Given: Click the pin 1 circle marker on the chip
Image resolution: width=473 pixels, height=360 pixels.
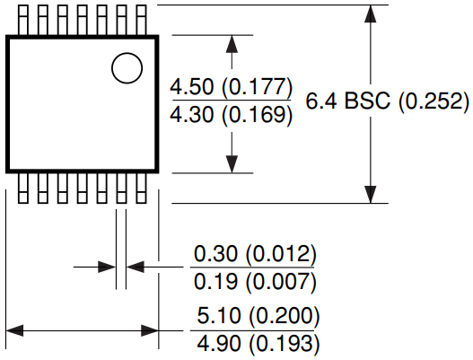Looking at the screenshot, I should point(127,67).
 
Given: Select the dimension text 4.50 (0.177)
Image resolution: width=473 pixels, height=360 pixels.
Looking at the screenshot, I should point(232,88).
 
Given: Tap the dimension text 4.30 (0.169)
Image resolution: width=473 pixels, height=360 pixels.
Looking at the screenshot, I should point(232,115).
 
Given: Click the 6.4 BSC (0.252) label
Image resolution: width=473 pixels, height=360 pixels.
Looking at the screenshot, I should point(388,101).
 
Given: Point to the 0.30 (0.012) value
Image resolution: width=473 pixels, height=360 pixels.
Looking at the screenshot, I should point(256,254).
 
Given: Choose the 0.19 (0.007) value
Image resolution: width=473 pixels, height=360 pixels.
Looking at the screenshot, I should point(256,283).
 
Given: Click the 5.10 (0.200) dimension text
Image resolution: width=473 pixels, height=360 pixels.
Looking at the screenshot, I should point(258,316).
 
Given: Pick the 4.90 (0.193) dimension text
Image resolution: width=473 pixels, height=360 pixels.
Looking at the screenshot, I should point(258,345).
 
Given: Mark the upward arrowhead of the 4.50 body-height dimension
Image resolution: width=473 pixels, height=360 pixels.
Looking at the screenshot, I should point(232,43).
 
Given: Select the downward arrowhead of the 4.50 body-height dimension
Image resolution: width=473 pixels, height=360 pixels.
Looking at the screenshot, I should point(232,165).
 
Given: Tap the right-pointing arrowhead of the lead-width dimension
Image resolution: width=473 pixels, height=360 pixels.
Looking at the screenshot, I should point(109,266).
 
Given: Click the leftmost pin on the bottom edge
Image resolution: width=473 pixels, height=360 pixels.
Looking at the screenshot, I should point(22,189).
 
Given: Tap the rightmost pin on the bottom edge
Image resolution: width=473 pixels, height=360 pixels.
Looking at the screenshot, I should point(141,189).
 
